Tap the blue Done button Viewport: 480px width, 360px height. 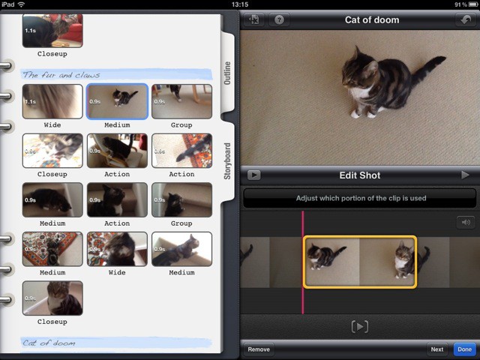465,349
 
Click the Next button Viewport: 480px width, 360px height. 436,349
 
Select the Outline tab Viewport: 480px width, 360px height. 229,73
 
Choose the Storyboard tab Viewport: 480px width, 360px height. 229,161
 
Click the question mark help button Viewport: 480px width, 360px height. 279,20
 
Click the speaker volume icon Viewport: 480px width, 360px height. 465,222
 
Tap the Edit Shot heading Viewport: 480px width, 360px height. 360,175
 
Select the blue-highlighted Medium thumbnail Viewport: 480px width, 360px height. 117,101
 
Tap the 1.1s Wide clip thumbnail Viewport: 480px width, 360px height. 52,101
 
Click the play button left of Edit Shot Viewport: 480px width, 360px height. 253,175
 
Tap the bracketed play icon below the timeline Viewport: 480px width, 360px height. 360,326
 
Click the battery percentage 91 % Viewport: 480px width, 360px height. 459,4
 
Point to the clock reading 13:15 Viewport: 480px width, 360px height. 240,4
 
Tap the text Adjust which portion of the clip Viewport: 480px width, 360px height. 360,199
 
